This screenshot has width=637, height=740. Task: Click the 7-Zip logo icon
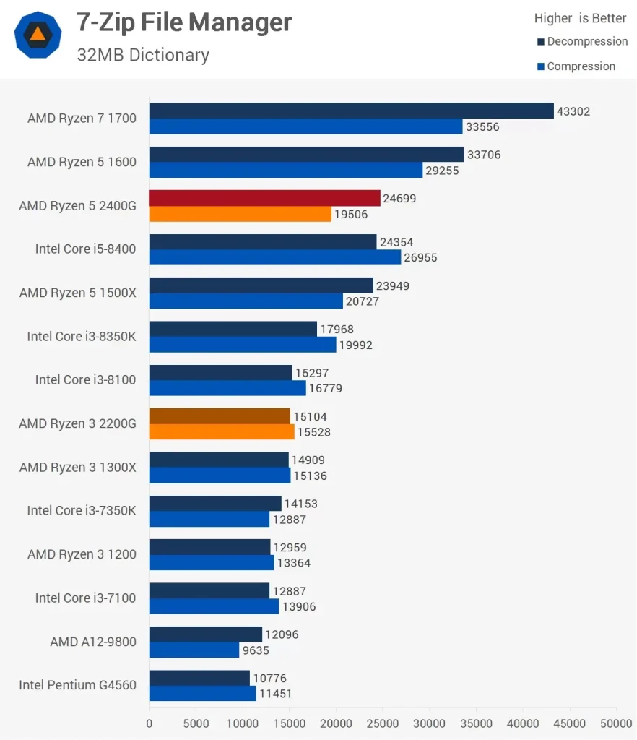click(x=37, y=35)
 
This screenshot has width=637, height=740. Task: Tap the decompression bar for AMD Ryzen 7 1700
click(x=351, y=111)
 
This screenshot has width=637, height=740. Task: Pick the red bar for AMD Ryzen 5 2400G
click(x=264, y=198)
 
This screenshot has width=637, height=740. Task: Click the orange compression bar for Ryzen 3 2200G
click(x=222, y=431)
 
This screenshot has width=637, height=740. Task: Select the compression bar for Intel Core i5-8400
click(x=275, y=257)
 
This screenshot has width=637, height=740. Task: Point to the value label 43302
click(x=573, y=111)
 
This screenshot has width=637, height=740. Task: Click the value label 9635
click(x=258, y=650)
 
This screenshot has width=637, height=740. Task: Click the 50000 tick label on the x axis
click(x=616, y=723)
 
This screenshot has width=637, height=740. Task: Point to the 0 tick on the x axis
click(x=149, y=723)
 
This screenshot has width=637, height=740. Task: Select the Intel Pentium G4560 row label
click(x=77, y=684)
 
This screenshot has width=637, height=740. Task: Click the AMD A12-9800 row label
click(x=93, y=641)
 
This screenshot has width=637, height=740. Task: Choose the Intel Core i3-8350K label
click(x=82, y=336)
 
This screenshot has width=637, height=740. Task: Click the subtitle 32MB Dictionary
click(x=143, y=55)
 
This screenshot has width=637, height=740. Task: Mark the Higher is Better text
click(x=580, y=18)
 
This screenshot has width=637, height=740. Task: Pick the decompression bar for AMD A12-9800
click(x=206, y=634)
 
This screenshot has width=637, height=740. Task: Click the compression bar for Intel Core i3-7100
click(x=214, y=606)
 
